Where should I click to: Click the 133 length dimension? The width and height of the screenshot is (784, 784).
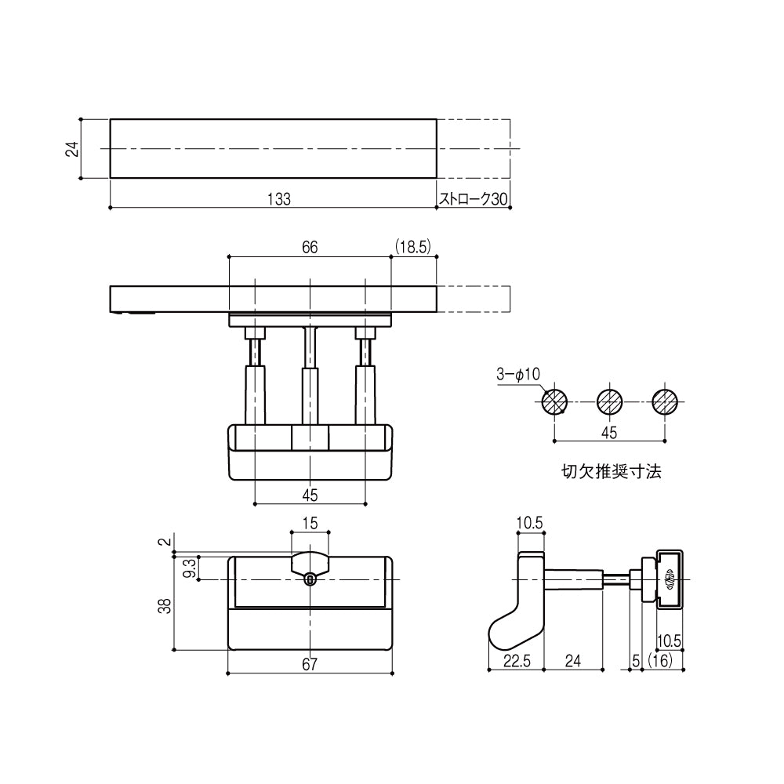coord(278,199)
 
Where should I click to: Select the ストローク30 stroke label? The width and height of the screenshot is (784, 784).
coord(474,199)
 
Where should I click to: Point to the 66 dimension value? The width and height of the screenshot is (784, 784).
coord(310,247)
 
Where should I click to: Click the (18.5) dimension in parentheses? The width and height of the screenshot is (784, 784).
coord(413,247)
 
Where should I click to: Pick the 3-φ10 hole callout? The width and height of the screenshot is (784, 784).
coord(518,376)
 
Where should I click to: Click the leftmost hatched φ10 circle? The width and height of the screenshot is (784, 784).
coord(554,402)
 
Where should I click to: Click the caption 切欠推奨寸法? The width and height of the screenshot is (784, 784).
coord(612,473)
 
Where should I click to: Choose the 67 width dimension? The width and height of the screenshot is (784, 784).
coord(310,665)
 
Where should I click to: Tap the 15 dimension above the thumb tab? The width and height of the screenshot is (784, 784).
coord(310,523)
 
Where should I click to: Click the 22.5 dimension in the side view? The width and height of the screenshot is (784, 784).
coord(517,662)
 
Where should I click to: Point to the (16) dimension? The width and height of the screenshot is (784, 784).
coord(663,662)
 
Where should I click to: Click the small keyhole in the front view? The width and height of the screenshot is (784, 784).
coord(310,579)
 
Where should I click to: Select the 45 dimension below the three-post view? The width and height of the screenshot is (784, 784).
coord(310,494)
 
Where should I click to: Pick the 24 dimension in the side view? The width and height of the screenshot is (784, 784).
coord(573,662)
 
